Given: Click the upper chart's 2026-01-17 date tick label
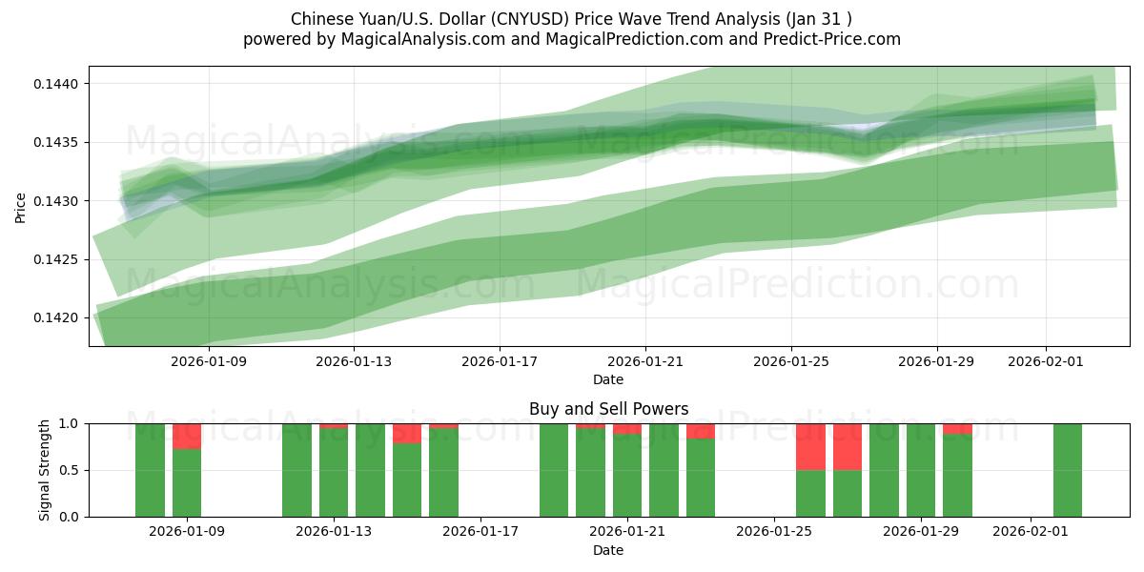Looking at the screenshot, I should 500,361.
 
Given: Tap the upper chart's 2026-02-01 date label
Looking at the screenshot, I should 1046,361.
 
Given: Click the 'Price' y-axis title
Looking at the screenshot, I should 21,206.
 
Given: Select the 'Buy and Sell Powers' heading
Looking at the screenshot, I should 608,409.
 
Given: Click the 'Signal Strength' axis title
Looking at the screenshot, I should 45,470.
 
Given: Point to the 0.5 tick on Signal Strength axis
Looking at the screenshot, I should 69,470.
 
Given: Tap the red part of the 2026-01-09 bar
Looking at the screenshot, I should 187,436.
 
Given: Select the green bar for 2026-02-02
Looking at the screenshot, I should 1067,470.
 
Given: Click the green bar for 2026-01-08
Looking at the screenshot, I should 150,470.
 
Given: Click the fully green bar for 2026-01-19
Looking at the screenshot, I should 554,470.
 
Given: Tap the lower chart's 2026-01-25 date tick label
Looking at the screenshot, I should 774,530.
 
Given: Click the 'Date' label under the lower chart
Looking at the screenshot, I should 608,550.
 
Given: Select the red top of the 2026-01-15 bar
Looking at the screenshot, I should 407,433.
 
